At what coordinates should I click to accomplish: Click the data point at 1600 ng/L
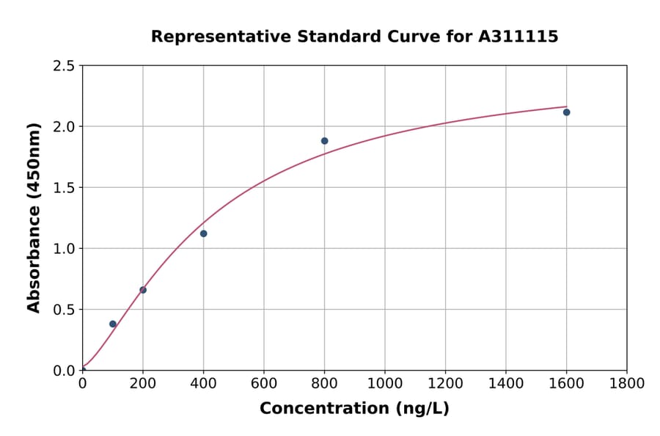(x=566, y=112)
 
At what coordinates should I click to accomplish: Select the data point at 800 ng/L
(x=324, y=141)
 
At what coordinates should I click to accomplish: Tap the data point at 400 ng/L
(x=203, y=233)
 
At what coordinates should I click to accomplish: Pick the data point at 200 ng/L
(x=143, y=290)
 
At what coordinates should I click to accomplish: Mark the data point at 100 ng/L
(x=113, y=324)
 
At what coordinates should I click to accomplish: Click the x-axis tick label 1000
(x=385, y=384)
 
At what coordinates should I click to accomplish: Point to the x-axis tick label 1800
(x=627, y=384)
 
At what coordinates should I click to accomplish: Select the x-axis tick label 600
(x=264, y=384)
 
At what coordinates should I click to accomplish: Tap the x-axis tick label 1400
(x=506, y=384)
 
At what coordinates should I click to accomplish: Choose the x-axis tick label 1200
(x=445, y=384)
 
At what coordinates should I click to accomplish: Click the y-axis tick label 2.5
(x=64, y=66)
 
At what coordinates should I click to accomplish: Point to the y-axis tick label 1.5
(x=64, y=188)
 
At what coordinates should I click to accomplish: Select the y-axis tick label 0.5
(x=64, y=310)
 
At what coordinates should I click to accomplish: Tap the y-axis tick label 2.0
(x=64, y=127)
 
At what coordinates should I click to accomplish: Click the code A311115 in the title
(x=518, y=37)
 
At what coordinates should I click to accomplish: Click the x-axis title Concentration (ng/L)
(x=354, y=409)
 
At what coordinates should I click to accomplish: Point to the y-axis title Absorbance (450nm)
(x=34, y=217)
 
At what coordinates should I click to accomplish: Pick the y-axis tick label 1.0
(x=64, y=249)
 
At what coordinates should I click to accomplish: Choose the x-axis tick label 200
(x=143, y=384)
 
